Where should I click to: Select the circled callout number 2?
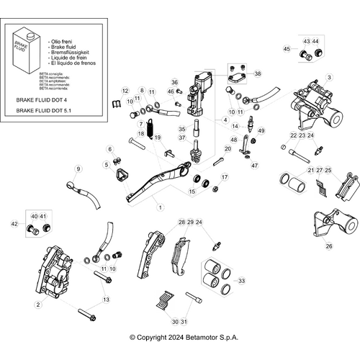pos(37,304)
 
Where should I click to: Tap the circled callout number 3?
pos(329,77)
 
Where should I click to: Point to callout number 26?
pos(329,246)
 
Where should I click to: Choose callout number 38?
pos(258,73)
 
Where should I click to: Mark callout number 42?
pos(14,224)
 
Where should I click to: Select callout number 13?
pos(107,299)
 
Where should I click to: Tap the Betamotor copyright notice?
pos(184,337)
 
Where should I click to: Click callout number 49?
pos(261,131)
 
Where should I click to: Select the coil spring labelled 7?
pos(151,130)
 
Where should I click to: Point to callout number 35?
pos(182,130)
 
